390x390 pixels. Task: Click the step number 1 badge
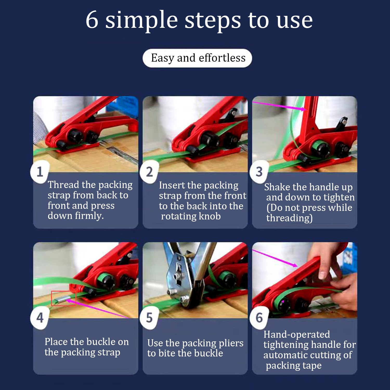(40, 172)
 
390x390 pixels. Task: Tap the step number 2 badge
(149, 172)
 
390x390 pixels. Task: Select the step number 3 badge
(259, 172)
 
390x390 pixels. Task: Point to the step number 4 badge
(40, 318)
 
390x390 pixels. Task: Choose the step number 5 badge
(149, 318)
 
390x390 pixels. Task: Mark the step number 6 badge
(259, 318)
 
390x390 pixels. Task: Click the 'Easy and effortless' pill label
(197, 58)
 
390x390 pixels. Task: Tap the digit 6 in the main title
(92, 20)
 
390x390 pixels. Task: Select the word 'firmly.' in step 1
(89, 216)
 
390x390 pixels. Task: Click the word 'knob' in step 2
(209, 216)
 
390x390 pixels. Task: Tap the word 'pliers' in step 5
(231, 343)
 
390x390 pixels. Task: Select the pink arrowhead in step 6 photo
(294, 265)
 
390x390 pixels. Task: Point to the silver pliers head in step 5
(179, 276)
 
